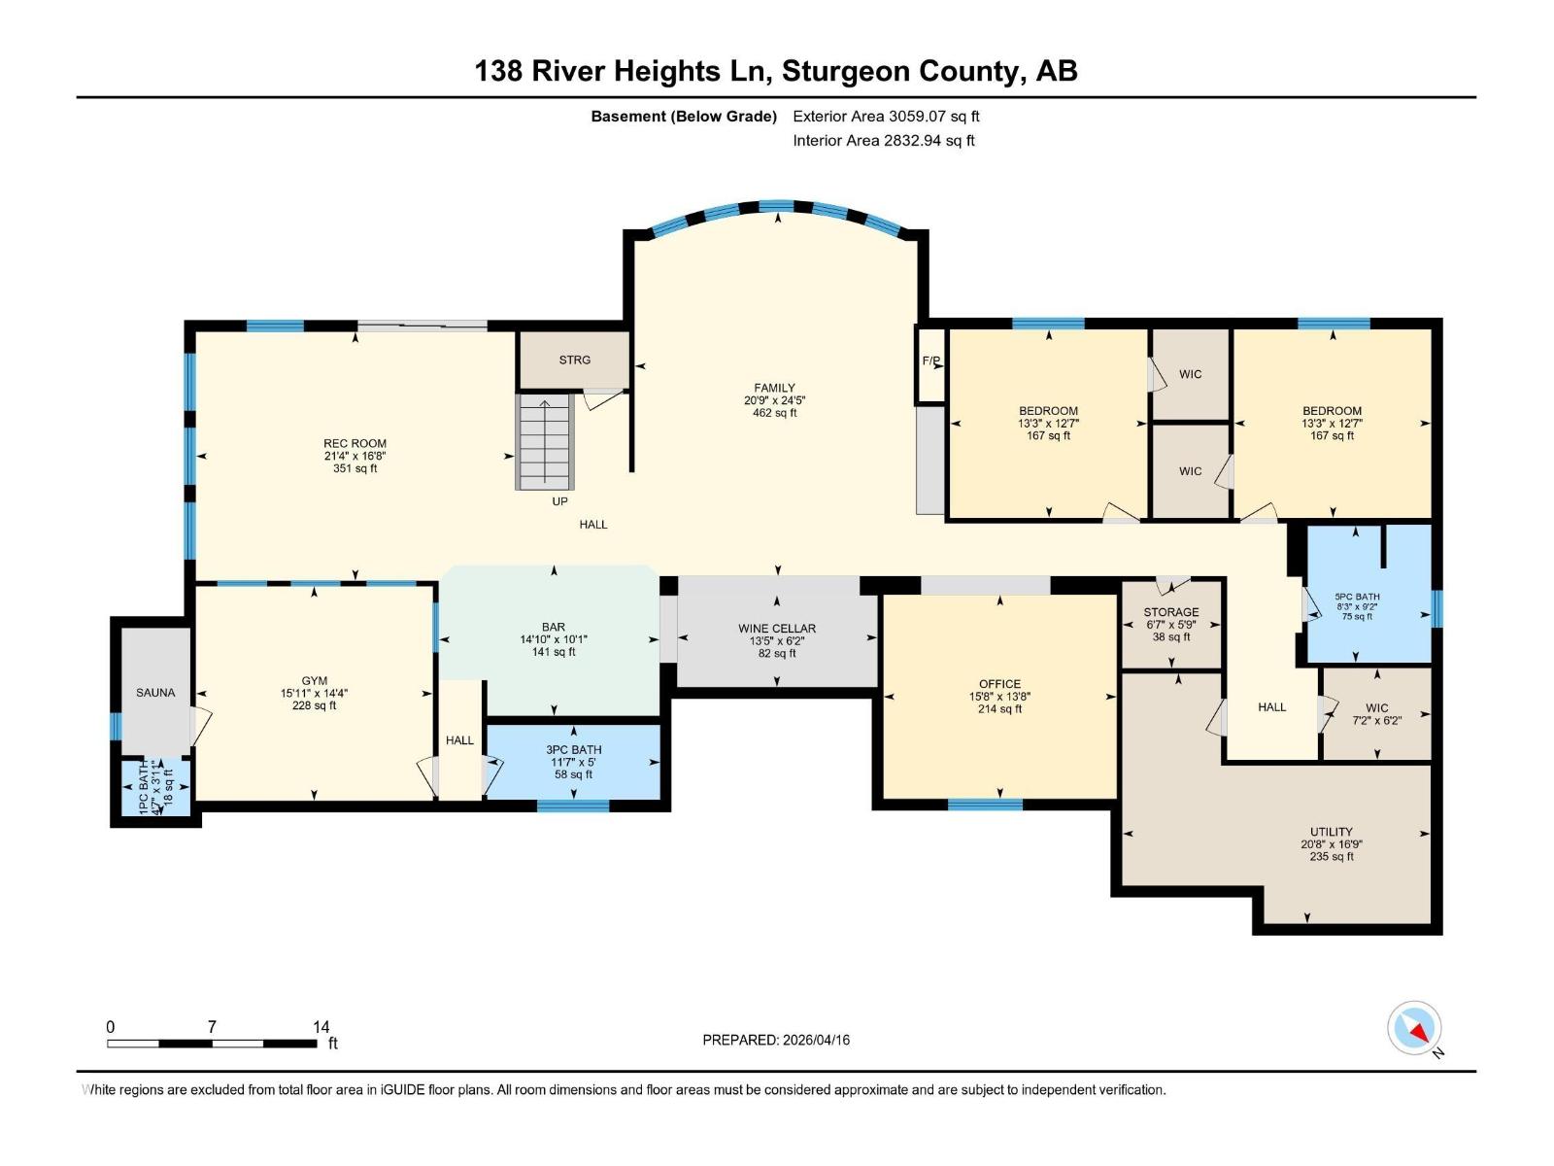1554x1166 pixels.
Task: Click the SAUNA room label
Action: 155,693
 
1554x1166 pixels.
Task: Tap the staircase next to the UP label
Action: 545,442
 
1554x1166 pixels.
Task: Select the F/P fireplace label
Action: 931,361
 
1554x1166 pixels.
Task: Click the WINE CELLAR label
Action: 776,629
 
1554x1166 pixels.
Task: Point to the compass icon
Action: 1414,1028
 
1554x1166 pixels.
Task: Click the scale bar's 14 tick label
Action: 321,1027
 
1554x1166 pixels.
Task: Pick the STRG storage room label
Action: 574,360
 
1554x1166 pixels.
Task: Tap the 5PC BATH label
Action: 1357,598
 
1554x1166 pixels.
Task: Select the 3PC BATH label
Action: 573,750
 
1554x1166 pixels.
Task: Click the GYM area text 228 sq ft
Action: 314,706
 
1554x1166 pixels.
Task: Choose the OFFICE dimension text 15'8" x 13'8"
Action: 999,697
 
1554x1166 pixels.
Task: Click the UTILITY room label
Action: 1331,832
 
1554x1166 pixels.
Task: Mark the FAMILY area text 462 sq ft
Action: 774,413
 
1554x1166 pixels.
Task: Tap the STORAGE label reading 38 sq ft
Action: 1171,637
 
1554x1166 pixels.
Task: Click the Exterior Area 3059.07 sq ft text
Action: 886,117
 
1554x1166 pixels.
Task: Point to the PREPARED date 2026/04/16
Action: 776,1040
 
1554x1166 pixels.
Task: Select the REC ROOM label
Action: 355,443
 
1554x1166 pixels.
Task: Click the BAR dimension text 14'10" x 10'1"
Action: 554,640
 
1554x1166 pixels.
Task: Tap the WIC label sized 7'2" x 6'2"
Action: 1376,708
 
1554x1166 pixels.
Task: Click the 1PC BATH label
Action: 144,787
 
